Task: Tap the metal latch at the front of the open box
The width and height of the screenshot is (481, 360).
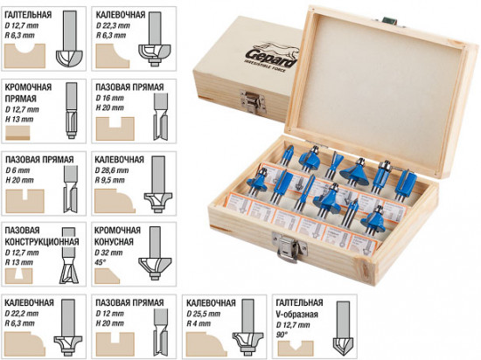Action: click(289, 247)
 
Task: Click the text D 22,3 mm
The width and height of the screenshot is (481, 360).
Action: click(113, 25)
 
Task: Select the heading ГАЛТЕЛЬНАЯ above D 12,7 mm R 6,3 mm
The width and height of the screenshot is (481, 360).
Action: click(28, 15)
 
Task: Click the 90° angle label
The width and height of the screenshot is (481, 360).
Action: click(281, 335)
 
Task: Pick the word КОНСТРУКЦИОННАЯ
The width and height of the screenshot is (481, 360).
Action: click(42, 241)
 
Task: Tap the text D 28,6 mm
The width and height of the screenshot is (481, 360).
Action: click(112, 170)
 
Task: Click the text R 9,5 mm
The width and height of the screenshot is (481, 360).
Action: click(110, 180)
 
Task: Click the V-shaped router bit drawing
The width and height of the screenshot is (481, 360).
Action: click(343, 325)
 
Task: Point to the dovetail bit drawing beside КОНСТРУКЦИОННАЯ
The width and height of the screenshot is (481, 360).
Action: click(69, 256)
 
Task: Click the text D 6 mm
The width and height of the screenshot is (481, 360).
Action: click(17, 170)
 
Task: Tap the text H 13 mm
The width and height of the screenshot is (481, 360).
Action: click(19, 119)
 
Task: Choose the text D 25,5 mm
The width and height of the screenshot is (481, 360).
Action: click(204, 314)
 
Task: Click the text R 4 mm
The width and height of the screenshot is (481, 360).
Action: click(199, 323)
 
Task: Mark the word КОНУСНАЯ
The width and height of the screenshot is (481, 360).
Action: click(114, 242)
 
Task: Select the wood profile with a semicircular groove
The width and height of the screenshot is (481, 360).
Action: click(24, 56)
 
